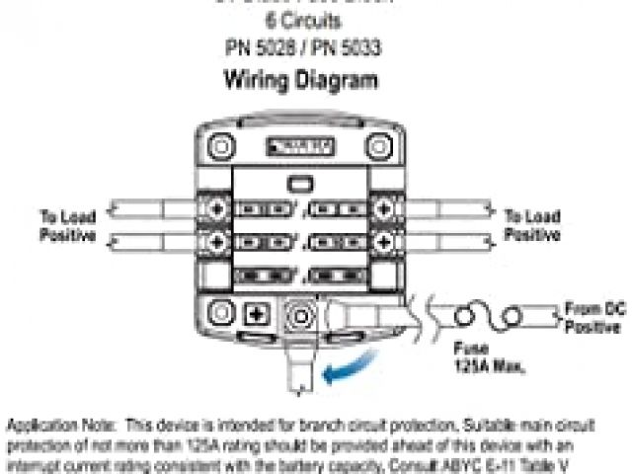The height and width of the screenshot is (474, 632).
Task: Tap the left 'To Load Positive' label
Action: [x=68, y=225]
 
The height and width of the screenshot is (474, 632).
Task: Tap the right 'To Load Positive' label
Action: [x=532, y=225]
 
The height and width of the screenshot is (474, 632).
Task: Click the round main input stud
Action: [x=296, y=317]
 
